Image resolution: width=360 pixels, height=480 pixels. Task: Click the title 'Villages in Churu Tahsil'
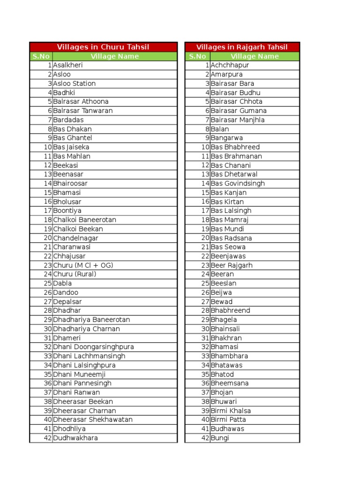pos(103,47)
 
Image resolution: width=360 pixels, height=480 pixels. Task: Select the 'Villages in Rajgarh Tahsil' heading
pos(242,47)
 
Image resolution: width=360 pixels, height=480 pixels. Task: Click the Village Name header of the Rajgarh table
pos(255,56)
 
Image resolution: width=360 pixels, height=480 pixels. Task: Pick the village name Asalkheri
pos(68,65)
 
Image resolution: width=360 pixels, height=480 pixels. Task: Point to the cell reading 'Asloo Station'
pos(75,83)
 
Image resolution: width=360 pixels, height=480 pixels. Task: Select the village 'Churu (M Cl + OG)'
pos(83,265)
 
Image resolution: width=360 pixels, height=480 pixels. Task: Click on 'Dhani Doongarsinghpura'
pos(94,347)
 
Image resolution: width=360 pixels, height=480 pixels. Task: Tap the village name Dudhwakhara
pos(76,438)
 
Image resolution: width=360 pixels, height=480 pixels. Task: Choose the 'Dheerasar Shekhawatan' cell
pos(93,420)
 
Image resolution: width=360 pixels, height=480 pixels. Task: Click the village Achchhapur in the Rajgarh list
pos(230,65)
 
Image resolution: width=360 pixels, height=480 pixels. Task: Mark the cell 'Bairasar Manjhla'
pos(238,120)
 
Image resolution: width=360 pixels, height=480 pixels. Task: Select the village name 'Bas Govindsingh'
pos(238,183)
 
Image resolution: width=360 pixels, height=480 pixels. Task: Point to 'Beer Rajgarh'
pos(232,265)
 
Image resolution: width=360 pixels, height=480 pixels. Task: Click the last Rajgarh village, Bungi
pos(220,438)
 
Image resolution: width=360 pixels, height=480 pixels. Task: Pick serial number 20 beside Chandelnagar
pos(47,238)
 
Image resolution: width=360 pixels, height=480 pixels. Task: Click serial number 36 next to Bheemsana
pos(205,383)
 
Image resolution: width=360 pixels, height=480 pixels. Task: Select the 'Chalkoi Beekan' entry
pos(78,229)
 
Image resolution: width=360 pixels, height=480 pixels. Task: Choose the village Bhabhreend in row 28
pos(231,311)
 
